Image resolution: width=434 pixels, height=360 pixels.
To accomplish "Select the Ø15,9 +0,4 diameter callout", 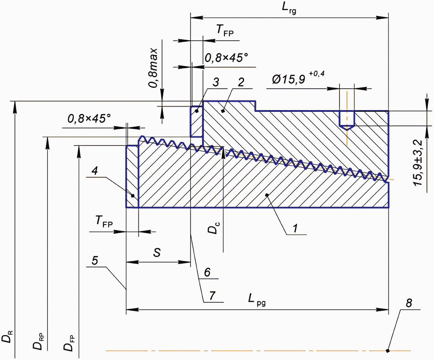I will coord(297,79).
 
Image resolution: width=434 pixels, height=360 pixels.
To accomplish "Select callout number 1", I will coord(295,228).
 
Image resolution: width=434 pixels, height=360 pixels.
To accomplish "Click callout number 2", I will coord(241,82).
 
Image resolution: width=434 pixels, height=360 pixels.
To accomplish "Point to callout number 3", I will coord(216,82).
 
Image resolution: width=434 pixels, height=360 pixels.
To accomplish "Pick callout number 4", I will coord(95,172).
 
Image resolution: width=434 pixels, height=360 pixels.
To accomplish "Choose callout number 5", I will coord(95,260).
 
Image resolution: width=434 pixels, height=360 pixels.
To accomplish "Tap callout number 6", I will coord(208,272).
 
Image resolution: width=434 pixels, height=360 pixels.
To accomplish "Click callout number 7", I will coord(212,295).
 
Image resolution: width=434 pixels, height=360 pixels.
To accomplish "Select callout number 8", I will coord(409,303).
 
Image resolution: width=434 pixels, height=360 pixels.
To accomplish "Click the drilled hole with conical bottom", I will coord(347,120).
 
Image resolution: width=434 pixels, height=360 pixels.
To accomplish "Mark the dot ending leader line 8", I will coord(388,350).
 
